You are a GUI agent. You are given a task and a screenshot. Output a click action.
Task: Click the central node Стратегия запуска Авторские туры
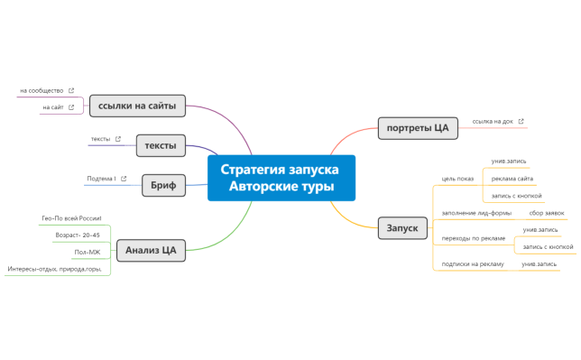pos(281,178)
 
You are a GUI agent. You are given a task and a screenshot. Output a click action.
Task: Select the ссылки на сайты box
pos(137,106)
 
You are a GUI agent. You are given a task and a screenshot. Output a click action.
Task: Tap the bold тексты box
pos(160,144)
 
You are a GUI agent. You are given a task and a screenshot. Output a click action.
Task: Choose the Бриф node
pos(163,186)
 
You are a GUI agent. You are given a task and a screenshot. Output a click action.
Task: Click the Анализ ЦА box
pos(150,250)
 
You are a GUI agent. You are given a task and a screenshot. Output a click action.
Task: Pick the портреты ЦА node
pos(418,128)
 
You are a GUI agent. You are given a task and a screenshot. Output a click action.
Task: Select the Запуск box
pos(401,228)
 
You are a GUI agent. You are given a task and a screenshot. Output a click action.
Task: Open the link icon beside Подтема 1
pos(124,179)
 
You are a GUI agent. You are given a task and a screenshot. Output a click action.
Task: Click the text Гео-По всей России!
pos(71,218)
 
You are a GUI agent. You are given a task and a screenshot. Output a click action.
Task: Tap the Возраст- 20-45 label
pos(78,235)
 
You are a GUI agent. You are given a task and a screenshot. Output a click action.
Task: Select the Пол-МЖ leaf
pos(87,252)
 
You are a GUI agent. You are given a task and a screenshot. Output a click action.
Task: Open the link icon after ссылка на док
pos(521,121)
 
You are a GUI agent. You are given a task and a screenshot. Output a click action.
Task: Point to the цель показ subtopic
pos(456,179)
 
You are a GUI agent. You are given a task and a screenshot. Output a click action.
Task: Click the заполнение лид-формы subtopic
pos(475,213)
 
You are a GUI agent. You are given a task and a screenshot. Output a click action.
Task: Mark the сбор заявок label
pos(547,213)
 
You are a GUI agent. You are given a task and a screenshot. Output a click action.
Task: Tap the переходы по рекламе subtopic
pos(473,238)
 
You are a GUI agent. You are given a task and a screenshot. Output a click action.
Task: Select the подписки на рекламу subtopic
pos(472,263)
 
